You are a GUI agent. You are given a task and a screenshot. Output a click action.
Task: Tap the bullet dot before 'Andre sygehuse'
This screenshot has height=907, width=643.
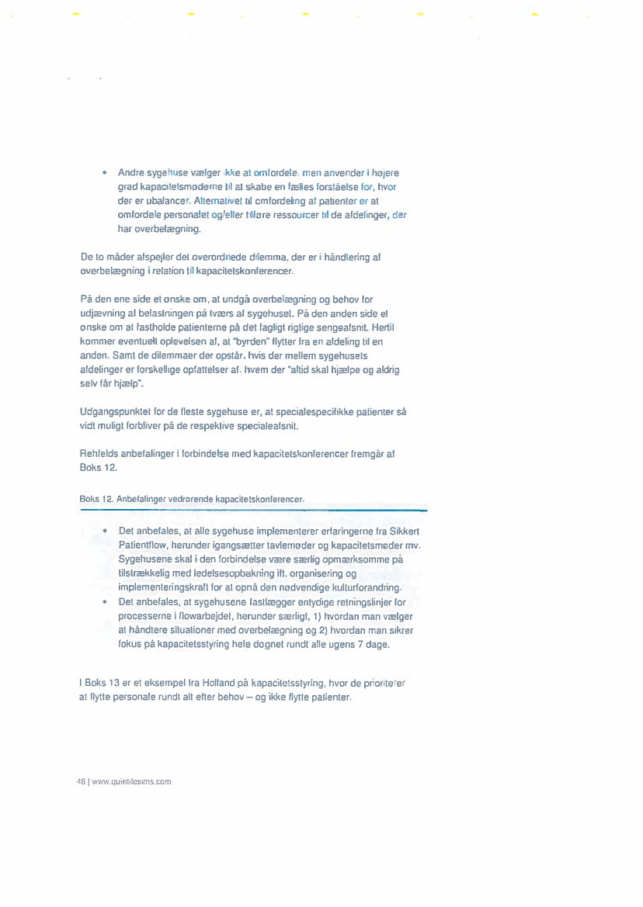coord(104,172)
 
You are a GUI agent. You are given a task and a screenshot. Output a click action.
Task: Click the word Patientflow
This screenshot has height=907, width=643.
coord(144,545)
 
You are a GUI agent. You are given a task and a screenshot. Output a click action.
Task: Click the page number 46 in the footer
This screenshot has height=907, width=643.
coord(80,782)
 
